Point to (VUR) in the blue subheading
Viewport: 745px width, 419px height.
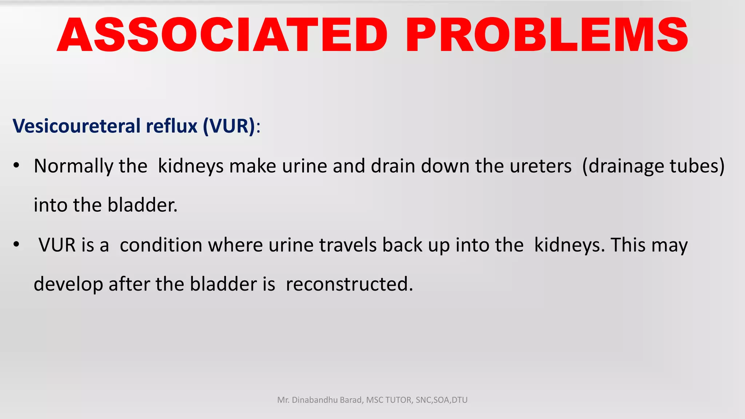[230, 126]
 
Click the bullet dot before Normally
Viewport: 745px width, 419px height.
[16, 166]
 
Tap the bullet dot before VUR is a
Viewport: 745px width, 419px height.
[16, 245]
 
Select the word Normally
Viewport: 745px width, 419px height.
[73, 166]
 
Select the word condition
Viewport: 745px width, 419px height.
[161, 245]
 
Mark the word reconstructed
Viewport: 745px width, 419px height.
[349, 284]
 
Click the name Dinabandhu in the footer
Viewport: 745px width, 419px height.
[315, 400]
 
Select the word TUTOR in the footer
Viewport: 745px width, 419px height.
[399, 400]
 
